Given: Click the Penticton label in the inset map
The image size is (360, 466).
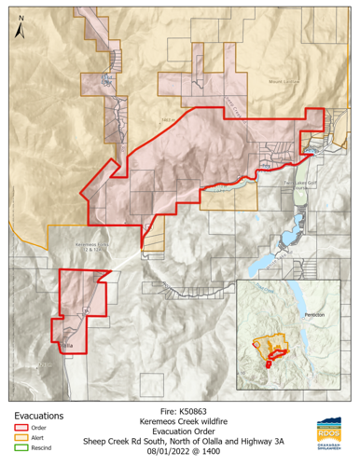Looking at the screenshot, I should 312,316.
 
